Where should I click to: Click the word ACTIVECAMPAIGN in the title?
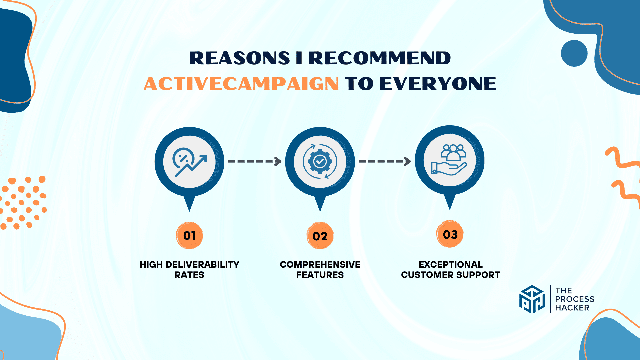[x=241, y=83]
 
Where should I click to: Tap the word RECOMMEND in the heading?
[x=380, y=58]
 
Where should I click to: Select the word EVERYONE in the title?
[x=438, y=83]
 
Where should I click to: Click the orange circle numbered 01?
[x=189, y=236]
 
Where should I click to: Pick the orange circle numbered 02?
[x=320, y=236]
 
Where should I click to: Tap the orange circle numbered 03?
[x=450, y=234]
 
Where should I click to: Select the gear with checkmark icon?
[x=320, y=162]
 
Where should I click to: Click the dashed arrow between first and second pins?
[x=255, y=161]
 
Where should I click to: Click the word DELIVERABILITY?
[x=202, y=265]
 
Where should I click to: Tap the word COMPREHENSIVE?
[x=320, y=265]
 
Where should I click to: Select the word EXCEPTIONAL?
[x=451, y=265]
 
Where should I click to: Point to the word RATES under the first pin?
[x=189, y=275]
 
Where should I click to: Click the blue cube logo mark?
[x=532, y=299]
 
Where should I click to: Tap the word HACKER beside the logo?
[x=572, y=308]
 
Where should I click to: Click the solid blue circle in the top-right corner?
[x=574, y=53]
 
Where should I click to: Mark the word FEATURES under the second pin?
[x=320, y=275]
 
